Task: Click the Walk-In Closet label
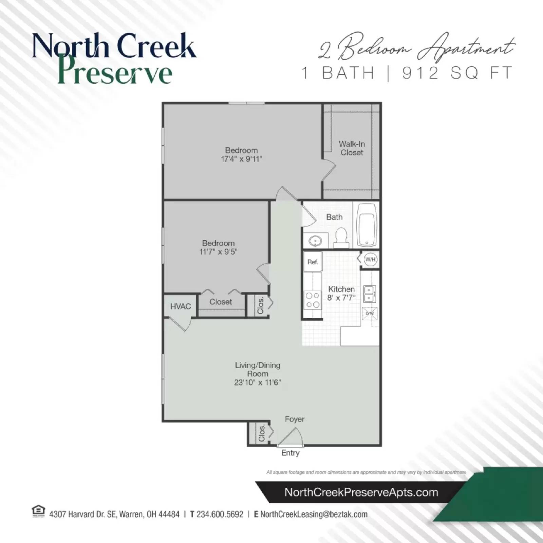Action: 352,148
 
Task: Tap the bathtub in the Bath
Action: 367,225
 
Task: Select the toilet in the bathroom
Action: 341,237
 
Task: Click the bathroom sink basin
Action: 315,241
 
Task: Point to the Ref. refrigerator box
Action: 313,262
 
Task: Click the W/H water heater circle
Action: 370,260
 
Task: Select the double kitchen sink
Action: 369,294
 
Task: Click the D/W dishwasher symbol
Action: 370,313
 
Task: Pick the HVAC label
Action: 181,306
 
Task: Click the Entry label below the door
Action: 291,453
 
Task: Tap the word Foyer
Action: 295,419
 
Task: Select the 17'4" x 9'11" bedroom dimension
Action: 241,159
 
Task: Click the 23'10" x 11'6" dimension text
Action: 257,382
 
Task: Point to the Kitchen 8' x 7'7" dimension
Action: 341,298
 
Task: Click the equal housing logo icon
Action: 38,511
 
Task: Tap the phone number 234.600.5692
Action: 220,514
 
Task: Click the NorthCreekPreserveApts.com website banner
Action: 361,492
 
